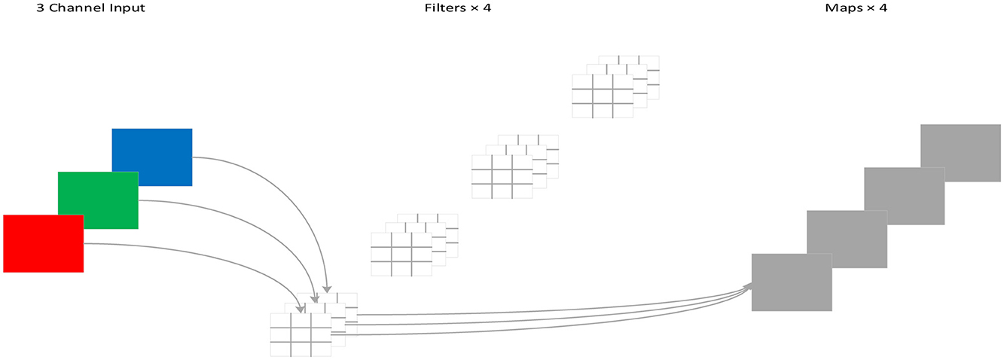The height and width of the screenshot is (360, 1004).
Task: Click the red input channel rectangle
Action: point(43,243)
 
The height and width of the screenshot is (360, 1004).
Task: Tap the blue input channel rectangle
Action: point(152,156)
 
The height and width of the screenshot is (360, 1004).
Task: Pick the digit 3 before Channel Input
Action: point(41,8)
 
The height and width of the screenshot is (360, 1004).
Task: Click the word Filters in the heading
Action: point(443,8)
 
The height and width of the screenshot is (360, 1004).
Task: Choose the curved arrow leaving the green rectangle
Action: point(256,226)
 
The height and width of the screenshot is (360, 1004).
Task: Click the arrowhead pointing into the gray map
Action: point(747,286)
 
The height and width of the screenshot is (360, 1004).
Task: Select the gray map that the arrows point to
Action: point(791,282)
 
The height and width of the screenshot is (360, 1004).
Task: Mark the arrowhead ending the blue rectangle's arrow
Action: point(327,288)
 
